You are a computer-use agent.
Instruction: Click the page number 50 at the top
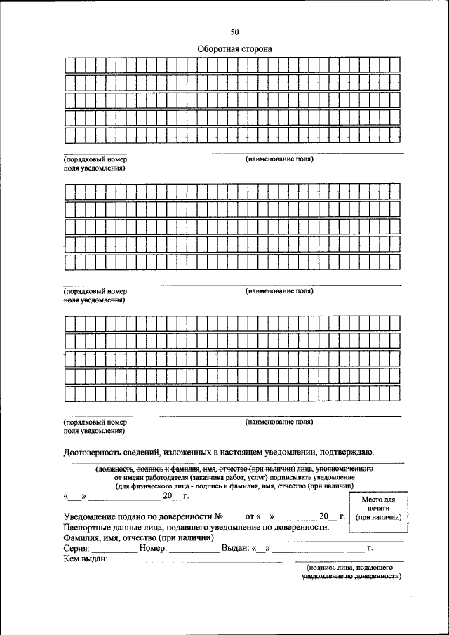click(234, 32)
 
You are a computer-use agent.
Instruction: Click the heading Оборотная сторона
click(234, 49)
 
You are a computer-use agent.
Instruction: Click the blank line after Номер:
click(194, 549)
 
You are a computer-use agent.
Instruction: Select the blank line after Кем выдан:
click(196, 560)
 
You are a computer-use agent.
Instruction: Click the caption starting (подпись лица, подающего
click(349, 566)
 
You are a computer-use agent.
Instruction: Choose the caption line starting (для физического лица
click(234, 485)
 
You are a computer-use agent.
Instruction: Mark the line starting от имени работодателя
click(234, 476)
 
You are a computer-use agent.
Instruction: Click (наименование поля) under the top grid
click(279, 159)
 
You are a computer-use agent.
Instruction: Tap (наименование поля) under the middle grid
click(279, 290)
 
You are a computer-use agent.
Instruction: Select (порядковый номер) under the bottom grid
click(95, 422)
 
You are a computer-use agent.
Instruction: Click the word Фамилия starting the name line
click(81, 537)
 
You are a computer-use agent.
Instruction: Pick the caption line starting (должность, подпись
click(234, 468)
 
